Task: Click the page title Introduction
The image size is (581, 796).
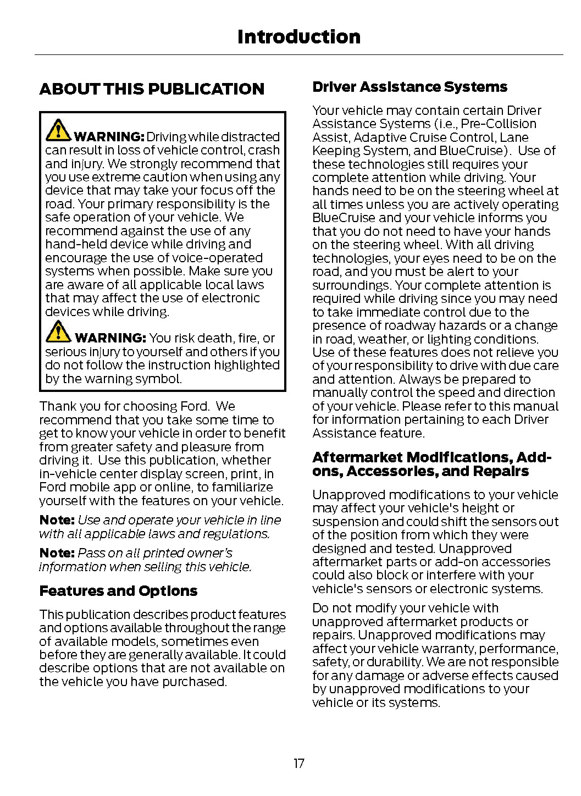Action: (x=298, y=37)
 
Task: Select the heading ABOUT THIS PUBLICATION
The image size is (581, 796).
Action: (x=152, y=89)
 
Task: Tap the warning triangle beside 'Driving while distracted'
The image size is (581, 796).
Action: (x=58, y=130)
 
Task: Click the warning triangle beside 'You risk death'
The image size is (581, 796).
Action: (x=58, y=331)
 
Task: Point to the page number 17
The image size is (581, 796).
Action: (x=298, y=763)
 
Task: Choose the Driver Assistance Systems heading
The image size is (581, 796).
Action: (x=410, y=87)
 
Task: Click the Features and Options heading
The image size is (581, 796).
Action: (x=118, y=591)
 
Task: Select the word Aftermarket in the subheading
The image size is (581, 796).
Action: (x=358, y=457)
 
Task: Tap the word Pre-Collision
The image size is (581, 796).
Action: (x=499, y=124)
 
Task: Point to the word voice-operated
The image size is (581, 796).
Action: (x=224, y=258)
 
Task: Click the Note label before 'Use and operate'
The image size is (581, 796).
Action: (x=57, y=520)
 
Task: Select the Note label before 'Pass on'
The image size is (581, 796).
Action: (x=57, y=553)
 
